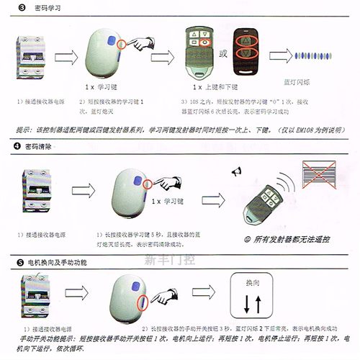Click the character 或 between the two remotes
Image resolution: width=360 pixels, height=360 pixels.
coord(222,53)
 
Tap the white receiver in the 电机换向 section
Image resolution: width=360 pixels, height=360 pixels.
coord(129,302)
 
